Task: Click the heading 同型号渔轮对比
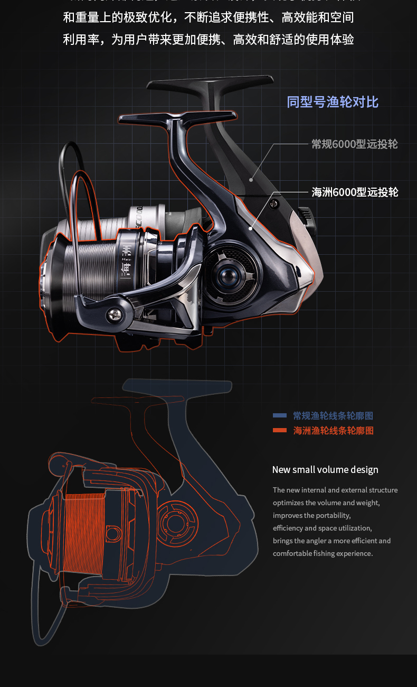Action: coord(333,101)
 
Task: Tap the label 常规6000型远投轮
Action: coord(354,144)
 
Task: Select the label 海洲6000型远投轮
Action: coord(355,192)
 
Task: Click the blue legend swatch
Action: coord(280,415)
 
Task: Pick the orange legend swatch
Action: coord(280,430)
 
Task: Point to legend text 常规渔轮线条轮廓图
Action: coord(333,416)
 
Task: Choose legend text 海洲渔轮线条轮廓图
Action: coord(333,431)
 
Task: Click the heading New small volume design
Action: coord(325,470)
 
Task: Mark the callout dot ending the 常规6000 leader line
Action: coord(252,180)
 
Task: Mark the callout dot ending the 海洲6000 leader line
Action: coord(250,228)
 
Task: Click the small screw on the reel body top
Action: coord(273,203)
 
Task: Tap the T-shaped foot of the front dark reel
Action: coord(177,116)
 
